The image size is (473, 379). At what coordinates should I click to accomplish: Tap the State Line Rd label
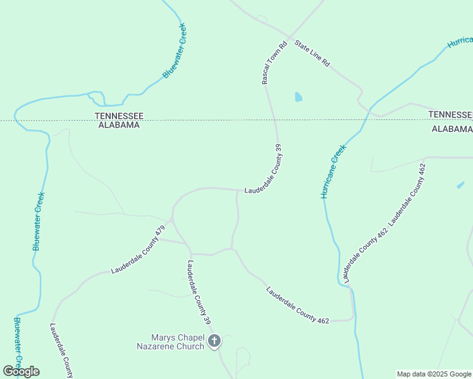312,54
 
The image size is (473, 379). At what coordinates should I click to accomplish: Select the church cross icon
214,342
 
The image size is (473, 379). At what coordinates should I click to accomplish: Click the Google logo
21,371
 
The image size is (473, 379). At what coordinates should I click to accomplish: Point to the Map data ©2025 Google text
433,374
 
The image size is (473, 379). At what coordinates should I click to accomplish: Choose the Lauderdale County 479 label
138,250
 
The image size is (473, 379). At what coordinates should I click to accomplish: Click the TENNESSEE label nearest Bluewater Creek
119,116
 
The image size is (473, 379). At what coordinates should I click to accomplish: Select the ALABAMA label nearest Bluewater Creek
117,125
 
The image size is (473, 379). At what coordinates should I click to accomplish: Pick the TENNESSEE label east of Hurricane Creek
450,114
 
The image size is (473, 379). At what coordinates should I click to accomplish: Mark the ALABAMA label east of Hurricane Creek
451,129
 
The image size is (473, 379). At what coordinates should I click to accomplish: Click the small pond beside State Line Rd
298,97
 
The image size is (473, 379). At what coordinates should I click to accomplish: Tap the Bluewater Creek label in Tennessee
175,51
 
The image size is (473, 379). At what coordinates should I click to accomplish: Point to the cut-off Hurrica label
460,42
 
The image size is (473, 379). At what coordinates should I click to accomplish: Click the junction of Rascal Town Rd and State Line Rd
290,37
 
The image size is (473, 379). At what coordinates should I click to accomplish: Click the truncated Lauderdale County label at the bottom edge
61,350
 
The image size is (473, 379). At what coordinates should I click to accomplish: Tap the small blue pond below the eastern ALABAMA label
460,185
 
